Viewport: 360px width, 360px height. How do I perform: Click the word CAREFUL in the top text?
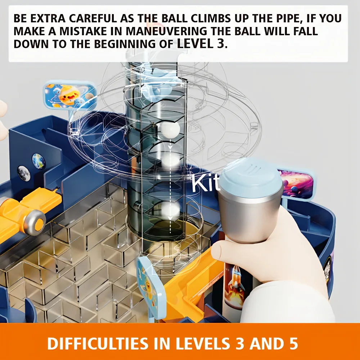93,19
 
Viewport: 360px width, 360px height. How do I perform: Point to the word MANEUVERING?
167,31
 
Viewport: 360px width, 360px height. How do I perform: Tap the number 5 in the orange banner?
293,344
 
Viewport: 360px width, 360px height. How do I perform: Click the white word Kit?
205,183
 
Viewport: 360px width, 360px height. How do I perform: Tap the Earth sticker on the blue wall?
39,161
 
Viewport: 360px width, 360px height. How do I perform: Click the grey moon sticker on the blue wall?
24,174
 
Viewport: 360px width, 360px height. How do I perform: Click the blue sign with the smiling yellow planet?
70,95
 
